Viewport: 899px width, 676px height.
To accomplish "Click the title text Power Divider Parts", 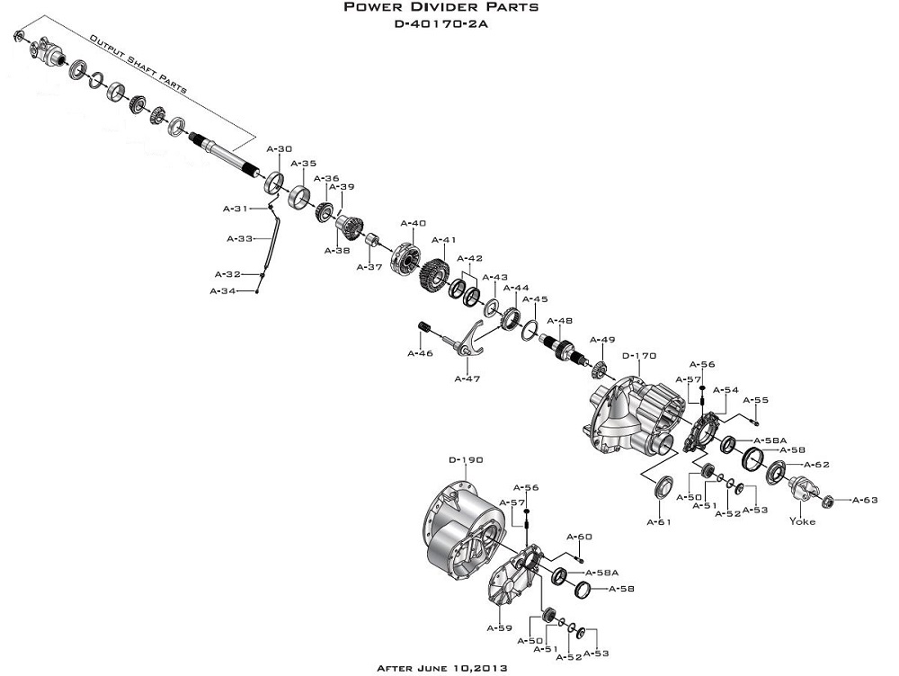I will click(441, 8).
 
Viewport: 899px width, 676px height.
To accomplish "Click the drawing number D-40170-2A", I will click(441, 24).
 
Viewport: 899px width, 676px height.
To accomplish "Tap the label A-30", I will click(280, 148).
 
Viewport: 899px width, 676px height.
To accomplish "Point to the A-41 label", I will click(445, 240).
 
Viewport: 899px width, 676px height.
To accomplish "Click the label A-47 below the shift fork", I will click(467, 378).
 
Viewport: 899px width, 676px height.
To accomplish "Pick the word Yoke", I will click(803, 521).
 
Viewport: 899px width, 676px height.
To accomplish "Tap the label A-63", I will click(865, 499).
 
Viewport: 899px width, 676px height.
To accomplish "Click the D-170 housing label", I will click(640, 355).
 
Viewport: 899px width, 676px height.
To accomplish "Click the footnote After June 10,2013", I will click(441, 668).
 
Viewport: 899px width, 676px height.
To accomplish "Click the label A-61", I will click(661, 520).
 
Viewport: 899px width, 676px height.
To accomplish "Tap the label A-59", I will click(500, 627).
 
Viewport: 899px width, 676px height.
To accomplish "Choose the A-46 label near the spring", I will click(421, 353).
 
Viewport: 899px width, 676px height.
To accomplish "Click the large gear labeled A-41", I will click(436, 274).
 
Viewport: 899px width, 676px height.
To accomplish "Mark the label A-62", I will click(816, 465).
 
